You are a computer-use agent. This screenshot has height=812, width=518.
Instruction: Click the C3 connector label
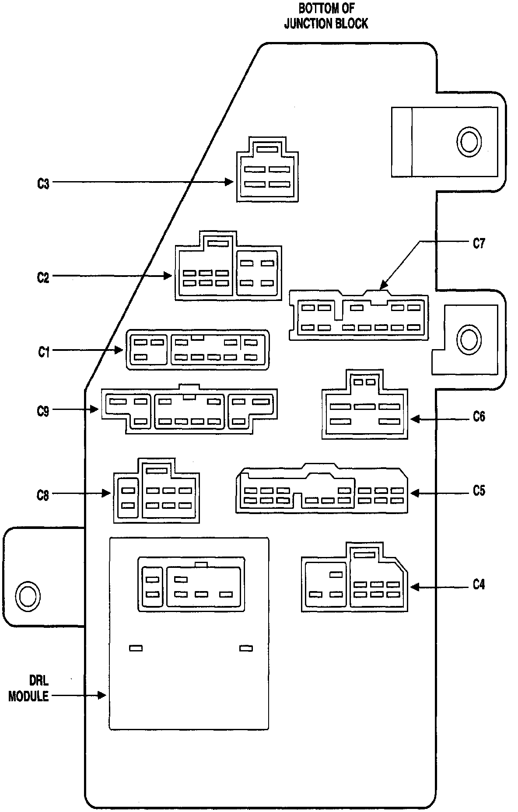(x=43, y=184)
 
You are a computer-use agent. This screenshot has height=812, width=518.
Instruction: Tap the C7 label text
(x=479, y=243)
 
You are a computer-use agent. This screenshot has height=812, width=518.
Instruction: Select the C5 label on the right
(x=479, y=491)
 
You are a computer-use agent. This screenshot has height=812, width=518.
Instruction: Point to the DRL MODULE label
(x=29, y=689)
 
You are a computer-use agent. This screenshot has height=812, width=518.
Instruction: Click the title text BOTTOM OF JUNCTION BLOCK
(x=326, y=16)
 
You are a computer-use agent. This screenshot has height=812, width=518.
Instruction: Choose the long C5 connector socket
(x=322, y=490)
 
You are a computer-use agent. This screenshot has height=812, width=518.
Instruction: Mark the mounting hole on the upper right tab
(x=469, y=141)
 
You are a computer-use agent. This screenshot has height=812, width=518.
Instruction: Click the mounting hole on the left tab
(x=27, y=595)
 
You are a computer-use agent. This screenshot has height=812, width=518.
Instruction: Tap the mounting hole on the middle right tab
(x=469, y=339)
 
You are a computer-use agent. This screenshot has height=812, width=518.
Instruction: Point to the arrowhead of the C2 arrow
(x=168, y=276)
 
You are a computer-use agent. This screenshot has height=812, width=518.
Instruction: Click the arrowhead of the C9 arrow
(x=95, y=409)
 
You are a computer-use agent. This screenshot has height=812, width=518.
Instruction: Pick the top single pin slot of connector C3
(x=267, y=149)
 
